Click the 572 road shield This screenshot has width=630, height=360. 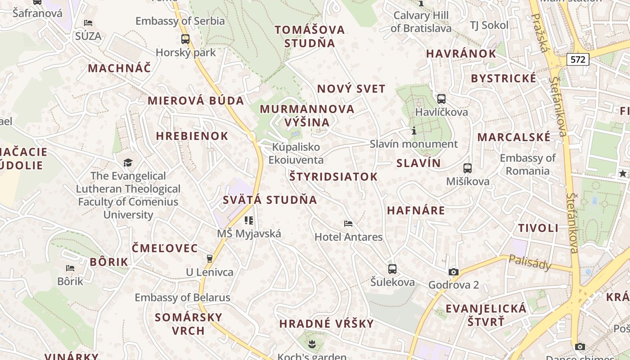(x=578, y=59)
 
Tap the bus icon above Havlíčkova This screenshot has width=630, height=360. (x=441, y=99)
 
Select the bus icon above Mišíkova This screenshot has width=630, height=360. (x=468, y=168)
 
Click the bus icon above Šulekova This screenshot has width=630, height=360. (x=392, y=269)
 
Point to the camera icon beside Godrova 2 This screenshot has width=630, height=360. (x=453, y=272)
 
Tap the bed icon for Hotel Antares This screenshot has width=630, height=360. (x=348, y=223)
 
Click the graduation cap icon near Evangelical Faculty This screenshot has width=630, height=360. (x=128, y=162)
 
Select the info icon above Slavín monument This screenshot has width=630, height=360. (x=414, y=131)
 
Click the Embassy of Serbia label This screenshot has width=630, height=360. (x=180, y=21)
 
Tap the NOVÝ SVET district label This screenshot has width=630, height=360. (x=351, y=89)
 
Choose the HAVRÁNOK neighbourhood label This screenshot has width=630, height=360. (x=461, y=54)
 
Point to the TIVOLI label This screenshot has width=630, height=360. (x=538, y=228)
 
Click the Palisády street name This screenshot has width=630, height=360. (x=530, y=262)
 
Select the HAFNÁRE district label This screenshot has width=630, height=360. (x=416, y=210)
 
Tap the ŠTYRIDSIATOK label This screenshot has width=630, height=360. (x=333, y=176)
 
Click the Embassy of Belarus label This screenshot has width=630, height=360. (x=183, y=297)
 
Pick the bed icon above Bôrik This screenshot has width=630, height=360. (x=70, y=268)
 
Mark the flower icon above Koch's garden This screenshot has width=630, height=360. (x=311, y=345)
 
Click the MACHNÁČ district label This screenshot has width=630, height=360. (x=119, y=68)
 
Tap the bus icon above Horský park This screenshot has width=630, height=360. (x=185, y=39)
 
